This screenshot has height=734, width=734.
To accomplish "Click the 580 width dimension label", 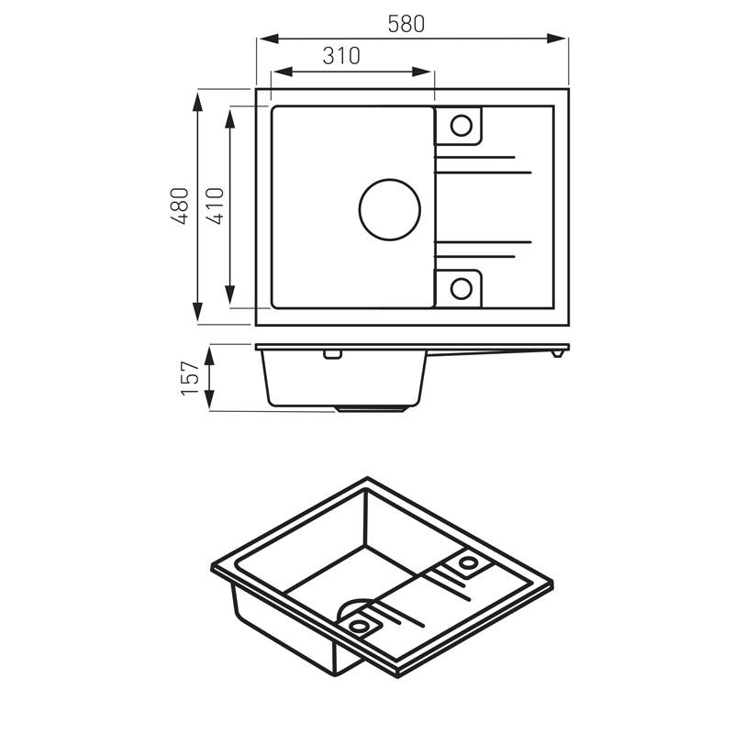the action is coord(406,24).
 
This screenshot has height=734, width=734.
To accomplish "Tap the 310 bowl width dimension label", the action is coord(341,56).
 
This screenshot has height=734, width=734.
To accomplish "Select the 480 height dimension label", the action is coord(179,206).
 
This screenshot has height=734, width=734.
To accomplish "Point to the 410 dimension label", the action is coord(215,206).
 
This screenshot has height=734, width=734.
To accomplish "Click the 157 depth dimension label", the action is coord(190,378).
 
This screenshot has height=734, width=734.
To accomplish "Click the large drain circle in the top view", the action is coord(389,210).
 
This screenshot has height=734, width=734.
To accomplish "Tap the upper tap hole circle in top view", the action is coord(462,126).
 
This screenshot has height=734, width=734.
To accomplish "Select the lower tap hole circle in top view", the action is coord(462,289).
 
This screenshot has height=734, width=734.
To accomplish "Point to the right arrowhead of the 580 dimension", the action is coord(557,39).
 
